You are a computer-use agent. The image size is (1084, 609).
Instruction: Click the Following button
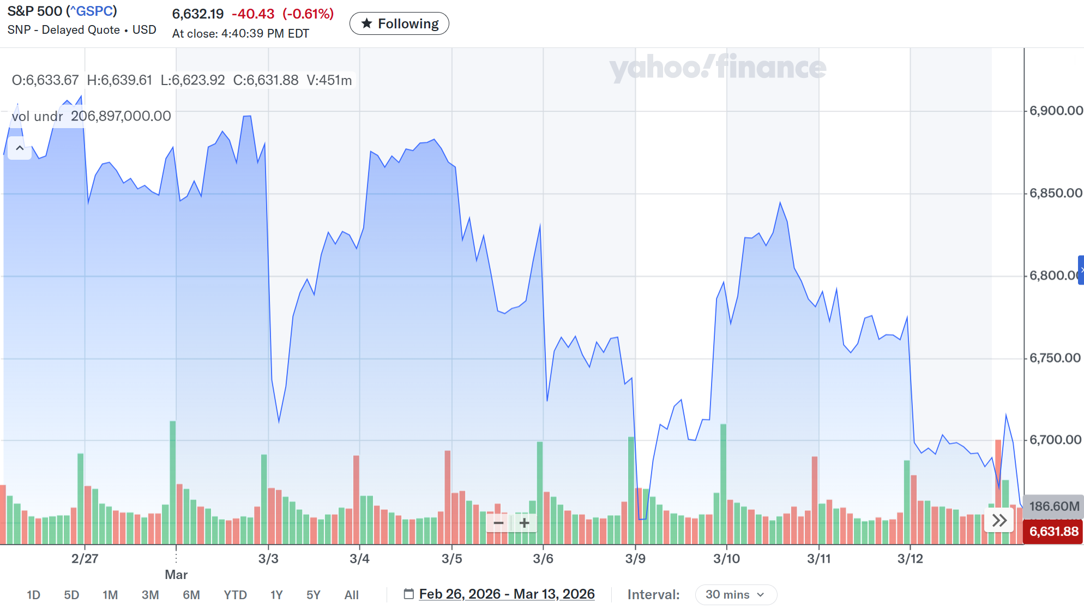pos(399,23)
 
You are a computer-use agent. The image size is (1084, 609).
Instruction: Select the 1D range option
pos(33,595)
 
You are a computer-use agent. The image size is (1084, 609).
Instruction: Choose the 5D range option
pos(71,595)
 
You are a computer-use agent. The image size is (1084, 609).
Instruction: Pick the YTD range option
pos(235,595)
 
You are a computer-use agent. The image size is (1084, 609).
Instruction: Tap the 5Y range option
pos(313,595)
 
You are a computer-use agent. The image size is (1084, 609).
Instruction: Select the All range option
pos(351,595)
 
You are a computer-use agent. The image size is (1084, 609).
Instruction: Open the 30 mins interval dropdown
pos(736,594)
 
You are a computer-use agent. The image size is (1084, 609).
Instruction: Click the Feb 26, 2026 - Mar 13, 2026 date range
pos(506,594)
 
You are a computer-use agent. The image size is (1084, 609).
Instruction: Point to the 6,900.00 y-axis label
pos(1056,111)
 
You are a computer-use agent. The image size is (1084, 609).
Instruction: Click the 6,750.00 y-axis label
pos(1055,358)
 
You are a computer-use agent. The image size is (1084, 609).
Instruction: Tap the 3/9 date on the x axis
pos(635,558)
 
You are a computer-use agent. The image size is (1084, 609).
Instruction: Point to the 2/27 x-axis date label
pos(85,558)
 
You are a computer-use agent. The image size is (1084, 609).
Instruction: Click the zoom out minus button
pos(498,523)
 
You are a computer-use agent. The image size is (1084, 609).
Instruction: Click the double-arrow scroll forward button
pos(999,520)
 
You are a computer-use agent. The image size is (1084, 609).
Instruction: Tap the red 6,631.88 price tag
pos(1053,532)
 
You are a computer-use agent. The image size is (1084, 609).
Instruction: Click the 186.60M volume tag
pos(1053,506)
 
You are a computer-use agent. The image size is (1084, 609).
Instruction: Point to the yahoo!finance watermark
pos(717,68)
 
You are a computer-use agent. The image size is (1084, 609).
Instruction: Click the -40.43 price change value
pos(253,14)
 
